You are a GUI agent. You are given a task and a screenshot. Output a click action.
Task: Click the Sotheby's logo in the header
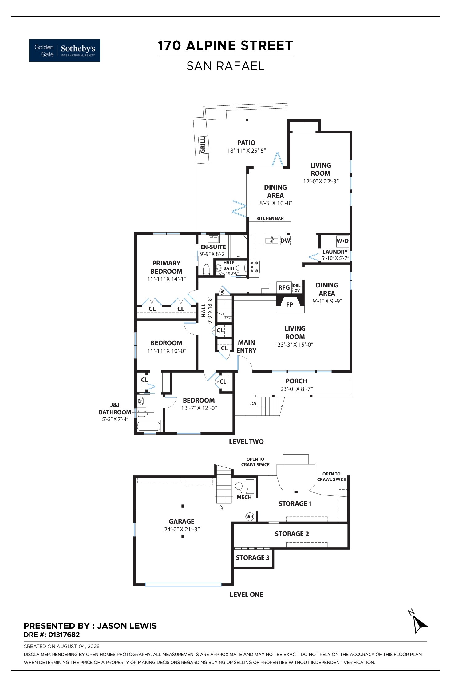(x=65, y=50)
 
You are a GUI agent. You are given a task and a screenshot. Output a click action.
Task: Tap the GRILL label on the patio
(x=203, y=145)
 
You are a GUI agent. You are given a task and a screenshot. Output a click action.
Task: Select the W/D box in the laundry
(x=342, y=241)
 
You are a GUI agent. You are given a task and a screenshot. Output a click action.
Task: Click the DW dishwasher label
(x=285, y=240)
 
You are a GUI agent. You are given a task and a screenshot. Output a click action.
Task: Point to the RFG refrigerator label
(x=284, y=287)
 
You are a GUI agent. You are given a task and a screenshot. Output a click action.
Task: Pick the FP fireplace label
(x=290, y=305)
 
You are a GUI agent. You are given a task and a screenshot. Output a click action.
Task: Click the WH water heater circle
(x=250, y=517)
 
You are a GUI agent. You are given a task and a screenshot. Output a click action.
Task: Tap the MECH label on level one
(x=244, y=497)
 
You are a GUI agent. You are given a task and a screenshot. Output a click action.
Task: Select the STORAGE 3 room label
(x=253, y=557)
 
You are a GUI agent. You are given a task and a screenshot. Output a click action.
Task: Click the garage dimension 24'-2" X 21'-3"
(x=182, y=529)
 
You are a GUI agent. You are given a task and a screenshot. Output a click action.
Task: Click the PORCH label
(x=296, y=381)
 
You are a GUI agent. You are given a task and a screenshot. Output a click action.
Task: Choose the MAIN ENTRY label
(x=247, y=346)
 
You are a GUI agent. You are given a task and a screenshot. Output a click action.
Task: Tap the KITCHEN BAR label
(x=270, y=218)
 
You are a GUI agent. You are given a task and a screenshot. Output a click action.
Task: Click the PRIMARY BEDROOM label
(x=167, y=267)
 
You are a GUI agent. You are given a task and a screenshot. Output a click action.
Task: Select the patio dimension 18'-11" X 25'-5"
(x=246, y=150)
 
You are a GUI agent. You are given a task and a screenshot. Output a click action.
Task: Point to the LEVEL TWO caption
(x=246, y=441)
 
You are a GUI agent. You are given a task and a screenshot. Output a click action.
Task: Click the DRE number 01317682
(x=64, y=635)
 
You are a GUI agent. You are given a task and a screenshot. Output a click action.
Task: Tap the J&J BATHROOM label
(x=115, y=408)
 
